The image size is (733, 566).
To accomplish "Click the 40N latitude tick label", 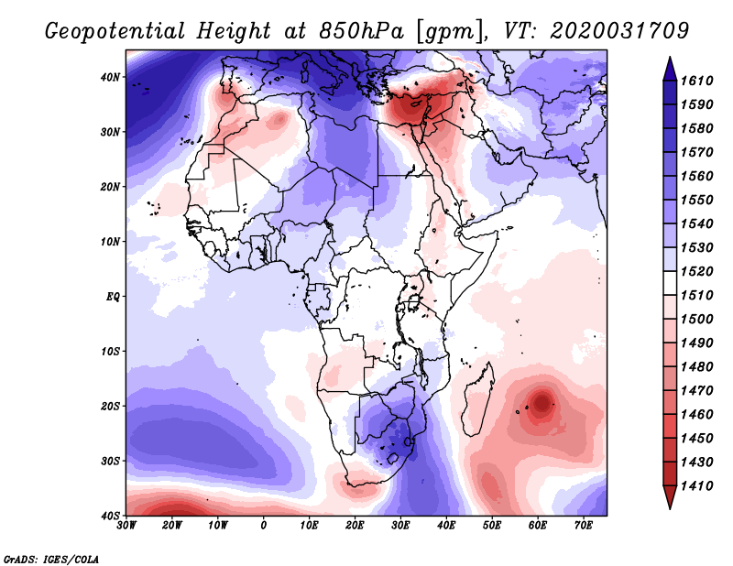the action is (x=110, y=77).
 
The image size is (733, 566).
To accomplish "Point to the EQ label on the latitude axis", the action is (x=113, y=297).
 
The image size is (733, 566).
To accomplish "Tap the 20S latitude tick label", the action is (x=110, y=406).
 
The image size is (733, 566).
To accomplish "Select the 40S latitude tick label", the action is (x=110, y=516).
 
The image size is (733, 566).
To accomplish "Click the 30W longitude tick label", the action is (x=126, y=526).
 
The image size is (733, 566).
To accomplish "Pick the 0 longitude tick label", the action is (x=264, y=526).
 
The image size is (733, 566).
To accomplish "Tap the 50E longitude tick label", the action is (x=492, y=526).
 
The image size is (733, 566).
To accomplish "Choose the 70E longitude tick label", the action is (x=584, y=526).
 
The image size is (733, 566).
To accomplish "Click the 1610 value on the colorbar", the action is (x=696, y=81).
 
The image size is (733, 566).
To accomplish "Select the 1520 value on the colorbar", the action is (x=696, y=271).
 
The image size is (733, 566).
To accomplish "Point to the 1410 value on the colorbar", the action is (x=696, y=486).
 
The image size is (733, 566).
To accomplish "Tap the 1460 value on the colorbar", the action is (x=696, y=415).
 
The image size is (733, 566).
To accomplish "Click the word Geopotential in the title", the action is (x=115, y=31).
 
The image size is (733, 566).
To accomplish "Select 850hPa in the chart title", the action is (x=361, y=31).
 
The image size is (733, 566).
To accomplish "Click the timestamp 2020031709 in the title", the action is (x=619, y=31).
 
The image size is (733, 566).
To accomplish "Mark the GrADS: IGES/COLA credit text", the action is (x=51, y=559).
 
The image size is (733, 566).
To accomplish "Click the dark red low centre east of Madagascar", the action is (x=542, y=402).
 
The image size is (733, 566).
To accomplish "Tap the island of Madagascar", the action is (x=477, y=398).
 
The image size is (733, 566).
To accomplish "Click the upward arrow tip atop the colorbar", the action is (x=670, y=58).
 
